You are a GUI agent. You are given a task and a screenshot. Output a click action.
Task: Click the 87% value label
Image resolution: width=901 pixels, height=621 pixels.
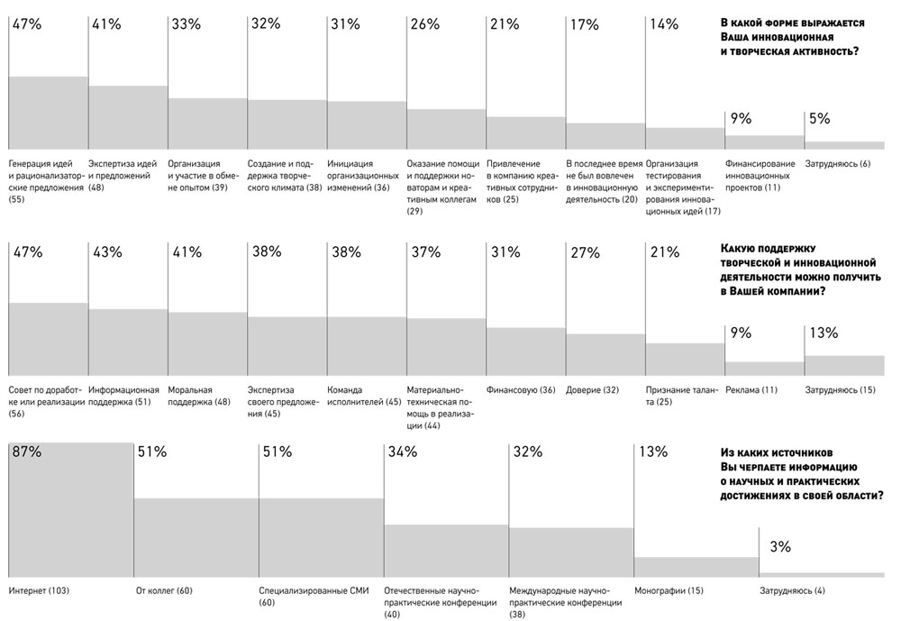click(27, 452)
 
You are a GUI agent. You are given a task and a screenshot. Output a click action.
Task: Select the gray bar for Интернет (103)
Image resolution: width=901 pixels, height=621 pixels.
click(71, 509)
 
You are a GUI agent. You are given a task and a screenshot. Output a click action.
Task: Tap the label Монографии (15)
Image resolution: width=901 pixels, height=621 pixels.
click(669, 590)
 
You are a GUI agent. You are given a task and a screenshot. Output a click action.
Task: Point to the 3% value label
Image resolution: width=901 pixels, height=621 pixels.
click(780, 546)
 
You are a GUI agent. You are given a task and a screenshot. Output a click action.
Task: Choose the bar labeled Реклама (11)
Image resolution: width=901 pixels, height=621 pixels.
click(764, 369)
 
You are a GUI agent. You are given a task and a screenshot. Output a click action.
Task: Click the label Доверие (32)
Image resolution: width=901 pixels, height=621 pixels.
click(592, 390)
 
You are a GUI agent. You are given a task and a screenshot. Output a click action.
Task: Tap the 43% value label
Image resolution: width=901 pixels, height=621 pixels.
click(107, 251)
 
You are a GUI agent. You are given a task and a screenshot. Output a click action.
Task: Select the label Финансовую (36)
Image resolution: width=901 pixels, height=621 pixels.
click(521, 390)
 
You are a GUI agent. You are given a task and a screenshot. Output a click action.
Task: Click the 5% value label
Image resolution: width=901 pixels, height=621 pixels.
click(819, 118)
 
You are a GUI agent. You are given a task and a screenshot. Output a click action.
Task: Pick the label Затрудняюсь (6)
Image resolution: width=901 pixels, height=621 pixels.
click(837, 164)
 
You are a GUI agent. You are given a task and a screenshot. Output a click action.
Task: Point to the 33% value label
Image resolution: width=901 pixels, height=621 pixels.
click(187, 24)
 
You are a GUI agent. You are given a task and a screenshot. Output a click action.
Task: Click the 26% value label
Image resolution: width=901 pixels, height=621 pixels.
click(425, 24)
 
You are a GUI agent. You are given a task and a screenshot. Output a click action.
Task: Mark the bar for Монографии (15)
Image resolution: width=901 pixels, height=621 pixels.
click(696, 567)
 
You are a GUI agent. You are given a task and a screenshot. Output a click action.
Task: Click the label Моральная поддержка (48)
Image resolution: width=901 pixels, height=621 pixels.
click(199, 396)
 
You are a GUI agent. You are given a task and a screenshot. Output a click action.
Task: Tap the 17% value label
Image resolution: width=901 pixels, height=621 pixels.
click(585, 24)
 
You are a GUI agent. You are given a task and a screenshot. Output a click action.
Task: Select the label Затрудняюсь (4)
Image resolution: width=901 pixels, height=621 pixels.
click(792, 590)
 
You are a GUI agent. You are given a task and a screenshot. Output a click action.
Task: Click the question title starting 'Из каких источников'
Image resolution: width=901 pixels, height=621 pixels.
click(802, 474)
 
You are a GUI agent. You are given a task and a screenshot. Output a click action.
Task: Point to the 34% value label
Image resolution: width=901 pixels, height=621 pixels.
click(402, 452)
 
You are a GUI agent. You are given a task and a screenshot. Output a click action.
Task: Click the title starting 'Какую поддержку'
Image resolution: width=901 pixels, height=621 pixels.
click(800, 269)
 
